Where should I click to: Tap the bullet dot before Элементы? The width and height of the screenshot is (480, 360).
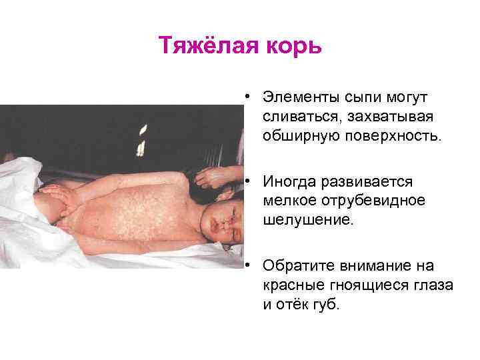click(247, 97)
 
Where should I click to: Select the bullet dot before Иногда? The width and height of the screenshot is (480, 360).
click(247, 181)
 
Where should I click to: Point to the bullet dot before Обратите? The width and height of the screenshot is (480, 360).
click(247, 265)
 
